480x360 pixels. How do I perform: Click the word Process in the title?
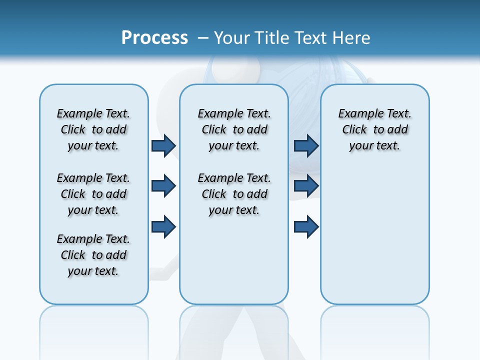point(154,37)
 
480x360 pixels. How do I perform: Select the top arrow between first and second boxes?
point(163,145)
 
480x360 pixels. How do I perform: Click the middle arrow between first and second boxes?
point(163,186)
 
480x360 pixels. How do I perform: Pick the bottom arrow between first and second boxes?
point(163,226)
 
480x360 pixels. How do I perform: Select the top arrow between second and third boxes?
point(306,145)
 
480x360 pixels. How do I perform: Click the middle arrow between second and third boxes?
point(306,186)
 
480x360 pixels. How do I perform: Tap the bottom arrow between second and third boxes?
point(306,226)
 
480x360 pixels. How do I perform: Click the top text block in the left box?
point(93,129)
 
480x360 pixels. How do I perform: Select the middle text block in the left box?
point(93,194)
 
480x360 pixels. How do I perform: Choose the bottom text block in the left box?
point(93,255)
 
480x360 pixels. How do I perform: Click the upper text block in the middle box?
point(234,129)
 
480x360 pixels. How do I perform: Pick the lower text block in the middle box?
point(234,194)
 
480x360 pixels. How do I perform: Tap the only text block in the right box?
point(374,129)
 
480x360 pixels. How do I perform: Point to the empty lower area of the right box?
point(374,235)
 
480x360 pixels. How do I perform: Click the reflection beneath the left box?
point(93,325)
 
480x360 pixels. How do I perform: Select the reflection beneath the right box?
point(374,325)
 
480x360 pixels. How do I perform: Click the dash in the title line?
point(203,37)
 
